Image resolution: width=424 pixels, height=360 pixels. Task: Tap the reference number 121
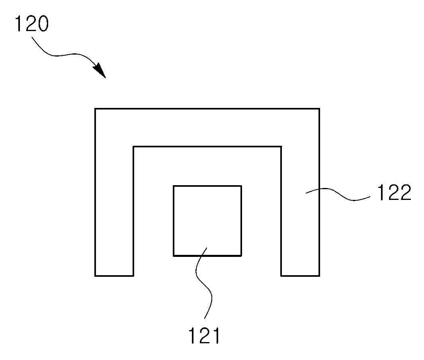click(x=204, y=335)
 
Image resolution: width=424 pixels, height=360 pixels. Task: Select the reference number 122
click(x=394, y=192)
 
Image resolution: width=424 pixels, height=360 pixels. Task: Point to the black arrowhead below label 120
click(x=100, y=70)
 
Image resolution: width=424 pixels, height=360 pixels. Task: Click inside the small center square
click(x=207, y=221)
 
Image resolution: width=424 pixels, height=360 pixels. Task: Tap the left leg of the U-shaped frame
click(x=114, y=211)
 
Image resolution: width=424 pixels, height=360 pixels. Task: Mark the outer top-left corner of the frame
click(x=95, y=109)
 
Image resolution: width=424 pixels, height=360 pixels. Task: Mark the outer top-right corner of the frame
click(x=320, y=109)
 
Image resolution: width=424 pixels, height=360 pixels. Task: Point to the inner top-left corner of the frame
click(x=133, y=147)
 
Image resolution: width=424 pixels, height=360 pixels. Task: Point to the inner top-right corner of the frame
click(x=281, y=147)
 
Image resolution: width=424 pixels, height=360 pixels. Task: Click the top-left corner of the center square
click(x=173, y=186)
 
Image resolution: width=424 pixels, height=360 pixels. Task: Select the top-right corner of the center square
click(x=242, y=186)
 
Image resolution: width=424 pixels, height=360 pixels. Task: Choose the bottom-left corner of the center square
click(x=173, y=256)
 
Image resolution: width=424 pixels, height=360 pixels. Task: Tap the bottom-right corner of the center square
click(x=242, y=256)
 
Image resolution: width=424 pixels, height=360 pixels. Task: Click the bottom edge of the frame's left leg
click(x=114, y=276)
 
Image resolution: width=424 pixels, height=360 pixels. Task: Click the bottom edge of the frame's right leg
click(x=301, y=276)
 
